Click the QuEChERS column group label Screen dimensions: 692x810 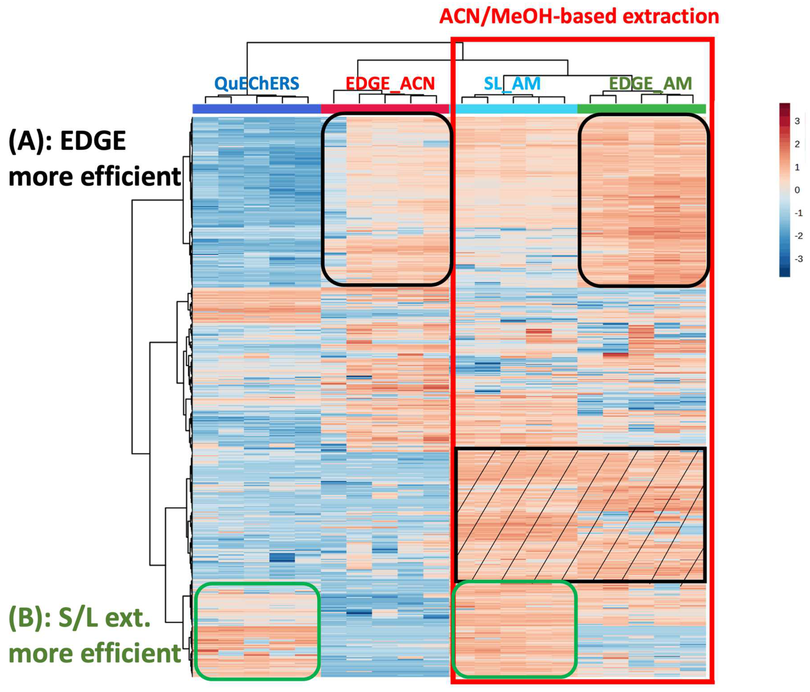[257, 84]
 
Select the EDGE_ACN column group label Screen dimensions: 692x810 [390, 84]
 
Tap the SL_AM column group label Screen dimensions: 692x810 [512, 84]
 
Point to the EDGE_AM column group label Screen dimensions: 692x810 [650, 84]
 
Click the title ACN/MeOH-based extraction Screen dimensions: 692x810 [579, 17]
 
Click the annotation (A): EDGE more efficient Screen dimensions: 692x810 [94, 158]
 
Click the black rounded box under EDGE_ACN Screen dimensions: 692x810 [387, 199]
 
